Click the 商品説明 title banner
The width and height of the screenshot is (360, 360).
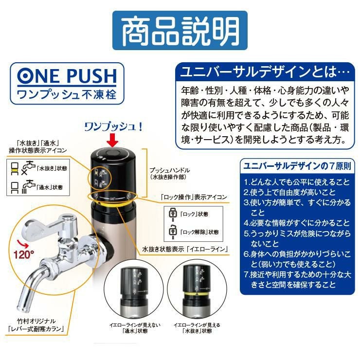[x=180, y=30]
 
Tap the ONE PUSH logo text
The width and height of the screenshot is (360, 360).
[x=67, y=76]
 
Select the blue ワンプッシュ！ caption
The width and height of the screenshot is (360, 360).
[x=114, y=127]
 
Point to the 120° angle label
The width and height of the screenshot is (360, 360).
[x=24, y=255]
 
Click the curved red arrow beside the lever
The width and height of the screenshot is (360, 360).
[x=23, y=244]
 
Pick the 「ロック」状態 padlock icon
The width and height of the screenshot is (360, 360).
[x=173, y=214]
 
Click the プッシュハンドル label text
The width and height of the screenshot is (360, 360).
[x=170, y=170]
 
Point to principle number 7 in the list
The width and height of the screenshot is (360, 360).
[x=298, y=280]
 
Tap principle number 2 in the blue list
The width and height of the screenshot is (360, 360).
[x=290, y=192]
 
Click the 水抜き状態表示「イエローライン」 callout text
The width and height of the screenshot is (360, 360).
[x=185, y=249]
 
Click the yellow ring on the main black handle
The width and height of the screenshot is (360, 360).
[x=113, y=203]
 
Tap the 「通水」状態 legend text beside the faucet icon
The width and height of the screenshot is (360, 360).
[x=50, y=187]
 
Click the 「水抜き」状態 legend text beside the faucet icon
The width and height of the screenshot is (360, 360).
[x=52, y=168]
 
